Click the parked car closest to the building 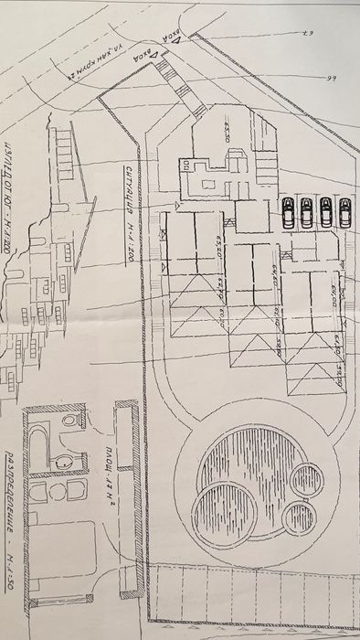click(288, 212)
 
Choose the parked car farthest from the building click(344, 212)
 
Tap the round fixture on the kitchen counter click(54, 493)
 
